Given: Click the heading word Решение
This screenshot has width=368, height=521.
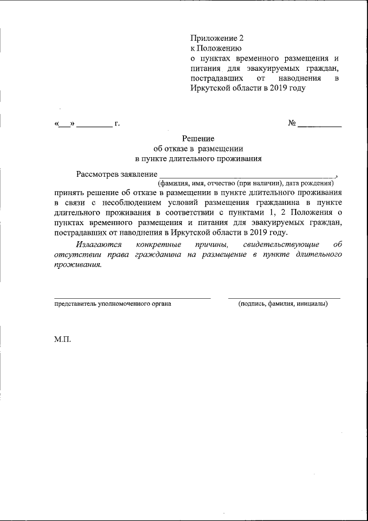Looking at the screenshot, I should (198, 139).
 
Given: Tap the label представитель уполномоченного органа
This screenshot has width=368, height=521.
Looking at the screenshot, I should (112, 303).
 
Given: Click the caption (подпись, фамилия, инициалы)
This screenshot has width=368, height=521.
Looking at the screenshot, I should (283, 303).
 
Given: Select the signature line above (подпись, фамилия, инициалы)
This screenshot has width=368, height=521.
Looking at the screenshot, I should (283, 298).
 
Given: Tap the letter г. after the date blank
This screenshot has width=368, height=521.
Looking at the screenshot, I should (117, 124).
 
